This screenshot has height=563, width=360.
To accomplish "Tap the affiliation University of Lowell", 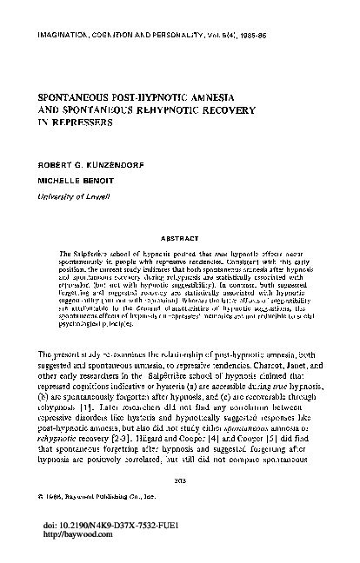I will [72, 197].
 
